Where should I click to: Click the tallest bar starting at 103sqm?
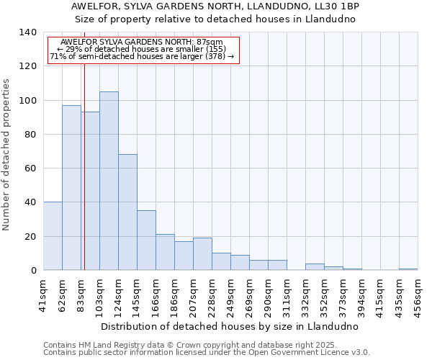[x=109, y=181]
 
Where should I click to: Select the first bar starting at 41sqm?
[x=53, y=236]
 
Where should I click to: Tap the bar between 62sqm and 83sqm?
[x=71, y=188]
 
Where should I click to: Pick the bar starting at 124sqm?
[x=127, y=212]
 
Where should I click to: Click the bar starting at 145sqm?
[x=146, y=240]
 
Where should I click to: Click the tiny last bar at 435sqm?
[x=408, y=269]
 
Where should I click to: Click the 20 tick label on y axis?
[x=30, y=236]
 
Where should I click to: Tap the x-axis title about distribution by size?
[x=230, y=326]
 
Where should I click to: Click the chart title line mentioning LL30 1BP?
[x=215, y=6]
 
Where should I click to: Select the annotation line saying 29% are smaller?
[x=142, y=49]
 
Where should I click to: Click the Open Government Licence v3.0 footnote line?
[x=207, y=353]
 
